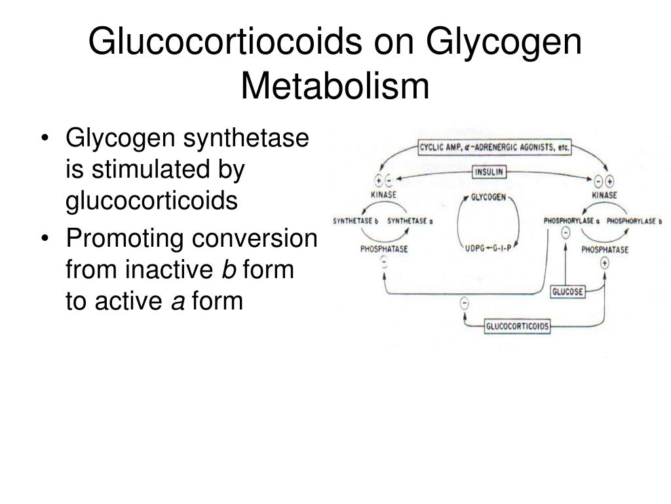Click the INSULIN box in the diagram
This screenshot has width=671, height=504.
click(x=489, y=173)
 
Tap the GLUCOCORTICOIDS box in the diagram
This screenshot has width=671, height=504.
click(x=517, y=326)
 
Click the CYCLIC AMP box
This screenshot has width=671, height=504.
click(x=495, y=148)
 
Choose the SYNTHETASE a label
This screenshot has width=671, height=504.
click(x=410, y=221)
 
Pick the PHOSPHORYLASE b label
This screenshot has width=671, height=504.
click(x=634, y=221)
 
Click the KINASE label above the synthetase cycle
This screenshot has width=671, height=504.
click(x=383, y=195)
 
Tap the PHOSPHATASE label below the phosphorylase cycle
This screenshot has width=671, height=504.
click(x=605, y=249)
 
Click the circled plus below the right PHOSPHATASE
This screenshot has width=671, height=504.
click(x=604, y=263)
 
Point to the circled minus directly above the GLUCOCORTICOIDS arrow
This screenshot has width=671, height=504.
click(x=465, y=303)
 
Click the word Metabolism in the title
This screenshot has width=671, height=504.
click(x=335, y=85)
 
